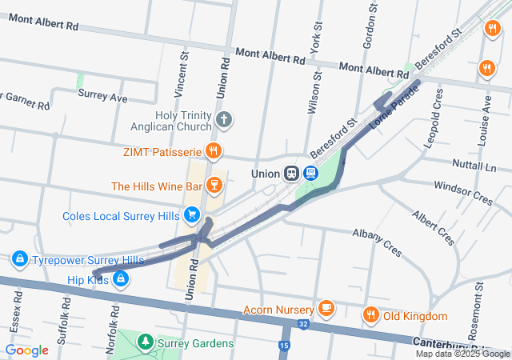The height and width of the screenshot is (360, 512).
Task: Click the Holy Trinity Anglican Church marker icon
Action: [225, 122]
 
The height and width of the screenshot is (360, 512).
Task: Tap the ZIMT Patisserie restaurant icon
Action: [213, 150]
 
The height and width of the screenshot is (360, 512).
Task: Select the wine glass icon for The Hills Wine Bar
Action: [213, 186]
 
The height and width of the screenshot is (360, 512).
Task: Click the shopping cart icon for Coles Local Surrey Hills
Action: [192, 215]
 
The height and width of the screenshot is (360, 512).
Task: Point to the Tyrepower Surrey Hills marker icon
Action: [19, 260]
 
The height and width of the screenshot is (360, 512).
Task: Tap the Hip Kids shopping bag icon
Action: [119, 278]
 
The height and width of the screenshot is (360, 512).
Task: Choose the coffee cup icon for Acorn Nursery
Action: [326, 308]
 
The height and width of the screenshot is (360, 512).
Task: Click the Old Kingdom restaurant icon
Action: [370, 315]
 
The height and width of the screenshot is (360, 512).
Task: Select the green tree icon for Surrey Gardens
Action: [145, 343]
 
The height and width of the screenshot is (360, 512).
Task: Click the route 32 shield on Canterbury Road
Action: [303, 323]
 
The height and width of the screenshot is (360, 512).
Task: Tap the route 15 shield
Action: [285, 346]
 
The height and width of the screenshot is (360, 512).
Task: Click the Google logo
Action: [26, 350]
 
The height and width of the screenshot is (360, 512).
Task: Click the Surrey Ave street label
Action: [102, 97]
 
